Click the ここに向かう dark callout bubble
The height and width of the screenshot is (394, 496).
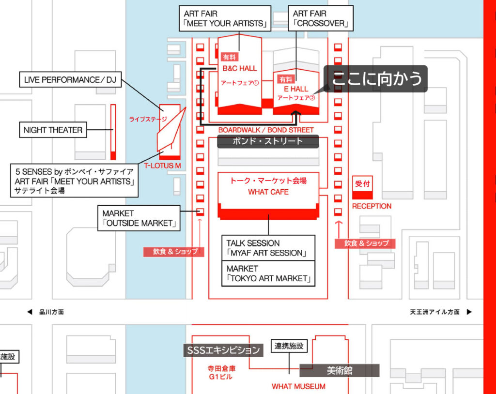click(x=375, y=79)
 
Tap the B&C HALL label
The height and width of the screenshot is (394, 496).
click(x=240, y=68)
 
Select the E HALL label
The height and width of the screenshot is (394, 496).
click(x=296, y=89)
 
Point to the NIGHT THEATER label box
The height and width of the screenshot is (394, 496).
click(x=53, y=130)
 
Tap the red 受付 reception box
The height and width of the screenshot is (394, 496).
click(x=362, y=186)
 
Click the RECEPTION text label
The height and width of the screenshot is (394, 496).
click(x=372, y=206)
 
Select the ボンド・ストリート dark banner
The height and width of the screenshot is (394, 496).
click(x=268, y=141)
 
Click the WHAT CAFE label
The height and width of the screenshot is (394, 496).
click(x=268, y=192)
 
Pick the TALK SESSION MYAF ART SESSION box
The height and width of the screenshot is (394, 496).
click(x=268, y=248)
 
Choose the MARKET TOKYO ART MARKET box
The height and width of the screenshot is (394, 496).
click(x=268, y=273)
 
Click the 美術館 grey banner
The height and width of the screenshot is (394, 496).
click(x=339, y=371)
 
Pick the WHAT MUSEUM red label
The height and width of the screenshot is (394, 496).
click(x=298, y=386)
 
